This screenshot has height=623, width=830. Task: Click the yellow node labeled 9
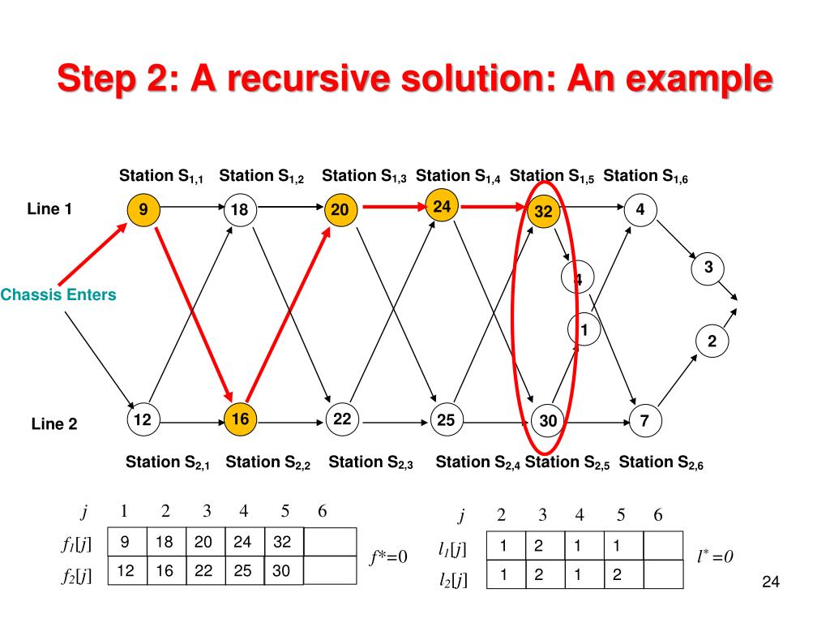pos(143,211)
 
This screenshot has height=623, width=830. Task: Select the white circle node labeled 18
pos(239,211)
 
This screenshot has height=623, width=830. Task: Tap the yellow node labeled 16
pos(240,419)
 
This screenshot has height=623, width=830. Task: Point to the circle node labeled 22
pos(342,419)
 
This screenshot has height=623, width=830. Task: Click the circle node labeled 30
pos(549,421)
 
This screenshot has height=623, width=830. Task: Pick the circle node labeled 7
pos(644,421)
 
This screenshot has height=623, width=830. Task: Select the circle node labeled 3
pos(708,269)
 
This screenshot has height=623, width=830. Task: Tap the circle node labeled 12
pos(143,419)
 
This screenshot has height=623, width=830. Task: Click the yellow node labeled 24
pos(442,208)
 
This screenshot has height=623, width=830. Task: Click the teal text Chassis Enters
pos(58,295)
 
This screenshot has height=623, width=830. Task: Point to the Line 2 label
pos(54,423)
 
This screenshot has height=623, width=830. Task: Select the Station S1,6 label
pos(646,176)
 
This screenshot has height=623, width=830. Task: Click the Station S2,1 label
pos(168,463)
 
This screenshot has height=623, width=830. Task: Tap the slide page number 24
pos(771,582)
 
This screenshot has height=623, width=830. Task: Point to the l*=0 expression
pos(715,556)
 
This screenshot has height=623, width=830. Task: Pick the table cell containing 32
pos(284,542)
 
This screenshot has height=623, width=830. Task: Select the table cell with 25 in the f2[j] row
pos(243,571)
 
